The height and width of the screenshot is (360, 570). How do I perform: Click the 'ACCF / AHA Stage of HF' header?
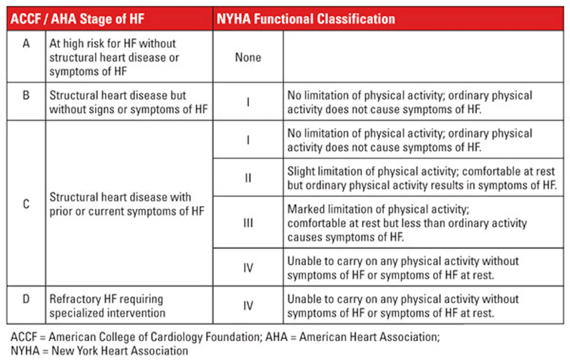(78, 19)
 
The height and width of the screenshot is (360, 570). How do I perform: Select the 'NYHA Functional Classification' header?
(306, 19)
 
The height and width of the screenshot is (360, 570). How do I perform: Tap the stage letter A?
(26, 43)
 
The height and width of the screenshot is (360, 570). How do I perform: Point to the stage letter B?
(26, 95)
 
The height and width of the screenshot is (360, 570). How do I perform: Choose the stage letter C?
(26, 204)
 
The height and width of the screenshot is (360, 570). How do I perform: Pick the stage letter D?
(26, 299)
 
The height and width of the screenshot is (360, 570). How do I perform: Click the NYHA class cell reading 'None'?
(248, 57)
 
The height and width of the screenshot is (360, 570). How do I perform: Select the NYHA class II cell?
(248, 178)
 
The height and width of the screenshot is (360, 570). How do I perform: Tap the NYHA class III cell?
(248, 223)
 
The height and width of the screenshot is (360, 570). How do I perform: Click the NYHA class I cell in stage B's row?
(248, 102)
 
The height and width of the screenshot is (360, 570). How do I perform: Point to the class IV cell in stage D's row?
(248, 305)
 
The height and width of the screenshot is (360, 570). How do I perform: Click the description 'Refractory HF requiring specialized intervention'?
(107, 306)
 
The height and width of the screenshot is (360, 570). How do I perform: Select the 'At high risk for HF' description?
(114, 57)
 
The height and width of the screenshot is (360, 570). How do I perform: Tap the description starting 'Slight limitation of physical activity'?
(422, 178)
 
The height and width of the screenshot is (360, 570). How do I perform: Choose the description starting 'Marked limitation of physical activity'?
(407, 223)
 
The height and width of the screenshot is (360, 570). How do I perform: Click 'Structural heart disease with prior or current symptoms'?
(127, 204)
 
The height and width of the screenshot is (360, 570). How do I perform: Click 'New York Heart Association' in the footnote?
(120, 351)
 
